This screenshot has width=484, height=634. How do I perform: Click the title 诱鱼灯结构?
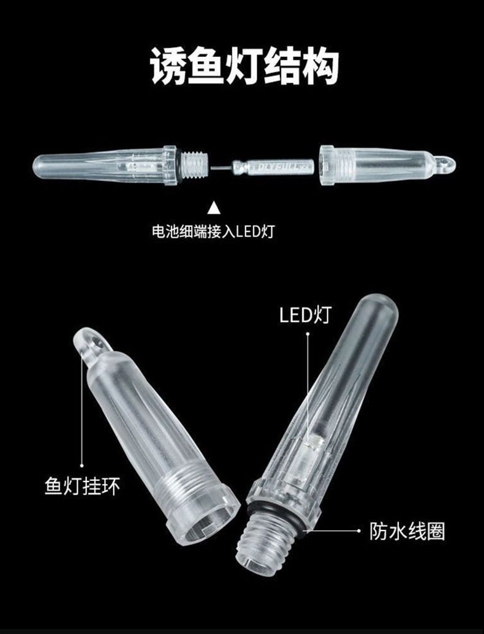[x=244, y=66]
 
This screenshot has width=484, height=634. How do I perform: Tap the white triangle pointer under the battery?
[x=214, y=208]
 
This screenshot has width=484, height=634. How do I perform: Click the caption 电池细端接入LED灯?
[x=213, y=232]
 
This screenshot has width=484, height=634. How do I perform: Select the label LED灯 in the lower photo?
[x=305, y=315]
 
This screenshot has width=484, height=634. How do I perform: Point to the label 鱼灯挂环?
[x=82, y=486]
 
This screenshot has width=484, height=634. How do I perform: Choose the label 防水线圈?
[x=407, y=531]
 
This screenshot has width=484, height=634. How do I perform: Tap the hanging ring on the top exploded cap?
[x=445, y=164]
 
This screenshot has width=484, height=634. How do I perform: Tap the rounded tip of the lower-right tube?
[x=378, y=309]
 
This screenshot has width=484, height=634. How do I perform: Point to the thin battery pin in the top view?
[x=221, y=166]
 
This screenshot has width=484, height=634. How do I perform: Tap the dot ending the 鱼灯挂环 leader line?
[x=81, y=466]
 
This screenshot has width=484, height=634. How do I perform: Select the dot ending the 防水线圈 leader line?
[x=359, y=530]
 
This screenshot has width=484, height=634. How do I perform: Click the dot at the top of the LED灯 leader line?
[x=308, y=334]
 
